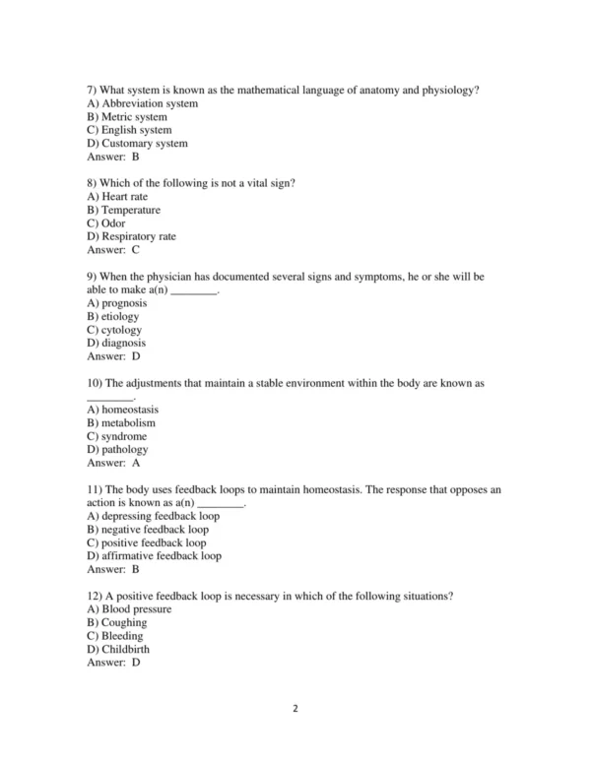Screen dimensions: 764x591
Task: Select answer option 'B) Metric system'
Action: [x=127, y=117]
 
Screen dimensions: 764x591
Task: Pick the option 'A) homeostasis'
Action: [x=123, y=410]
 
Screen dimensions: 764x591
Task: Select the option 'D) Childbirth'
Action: [x=118, y=649]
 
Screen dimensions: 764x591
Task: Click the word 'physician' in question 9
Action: [x=182, y=277]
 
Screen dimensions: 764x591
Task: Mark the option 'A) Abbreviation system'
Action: [x=143, y=103]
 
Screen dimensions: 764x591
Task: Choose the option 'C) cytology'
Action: [x=114, y=330]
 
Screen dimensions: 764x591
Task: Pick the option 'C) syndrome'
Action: [x=117, y=436]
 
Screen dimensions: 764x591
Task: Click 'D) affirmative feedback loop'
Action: [x=155, y=555]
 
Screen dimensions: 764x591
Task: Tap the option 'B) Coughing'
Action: [x=117, y=622]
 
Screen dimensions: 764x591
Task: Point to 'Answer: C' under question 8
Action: [x=113, y=250]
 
